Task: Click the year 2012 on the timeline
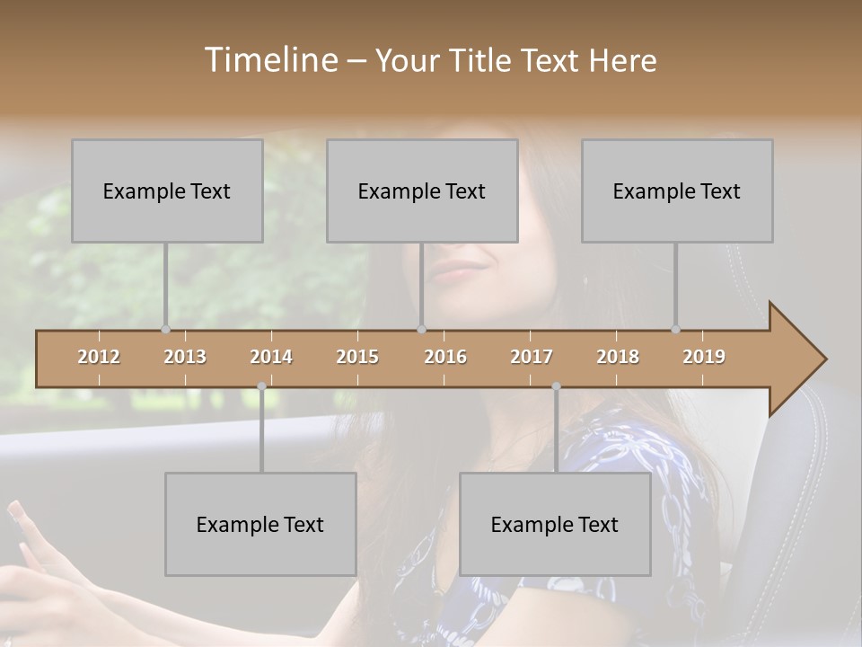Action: pos(99,357)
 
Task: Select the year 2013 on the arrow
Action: pos(185,357)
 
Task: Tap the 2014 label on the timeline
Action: pos(271,357)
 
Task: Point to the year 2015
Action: pos(357,357)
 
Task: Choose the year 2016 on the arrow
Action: pos(445,357)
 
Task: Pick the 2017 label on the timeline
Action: pos(532,357)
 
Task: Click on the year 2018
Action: pos(618,357)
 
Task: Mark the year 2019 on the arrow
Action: pos(704,357)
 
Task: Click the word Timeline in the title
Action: pos(269,60)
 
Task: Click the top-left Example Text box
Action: pos(167,191)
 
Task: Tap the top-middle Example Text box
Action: pos(422,191)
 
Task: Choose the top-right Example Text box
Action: pos(677,191)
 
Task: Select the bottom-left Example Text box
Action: pos(260,524)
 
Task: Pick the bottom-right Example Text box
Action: pos(555,524)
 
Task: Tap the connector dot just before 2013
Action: pos(165,329)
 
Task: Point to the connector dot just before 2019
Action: pos(675,329)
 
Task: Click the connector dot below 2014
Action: pos(261,386)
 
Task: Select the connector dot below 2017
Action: pos(556,386)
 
